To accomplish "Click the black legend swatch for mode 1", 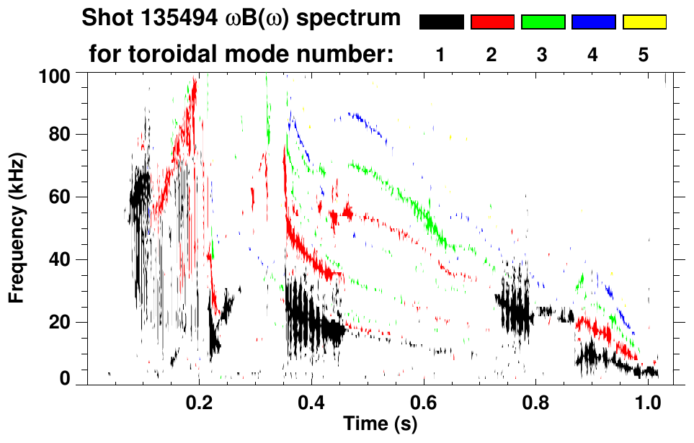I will (x=442, y=22).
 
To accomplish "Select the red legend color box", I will (x=492, y=22).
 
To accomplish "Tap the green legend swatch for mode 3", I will (x=543, y=22).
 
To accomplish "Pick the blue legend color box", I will (x=593, y=22).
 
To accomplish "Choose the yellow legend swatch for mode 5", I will (x=644, y=22).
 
